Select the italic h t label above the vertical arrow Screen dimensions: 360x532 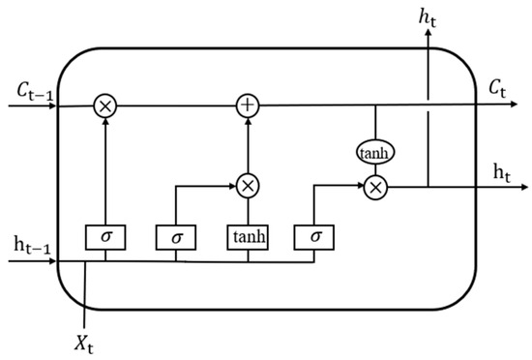[427, 14]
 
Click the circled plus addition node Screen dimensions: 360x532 [249, 107]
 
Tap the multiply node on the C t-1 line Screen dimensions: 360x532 [104, 107]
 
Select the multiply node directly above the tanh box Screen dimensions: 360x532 [249, 184]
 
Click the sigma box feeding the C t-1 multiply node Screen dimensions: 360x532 [104, 235]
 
